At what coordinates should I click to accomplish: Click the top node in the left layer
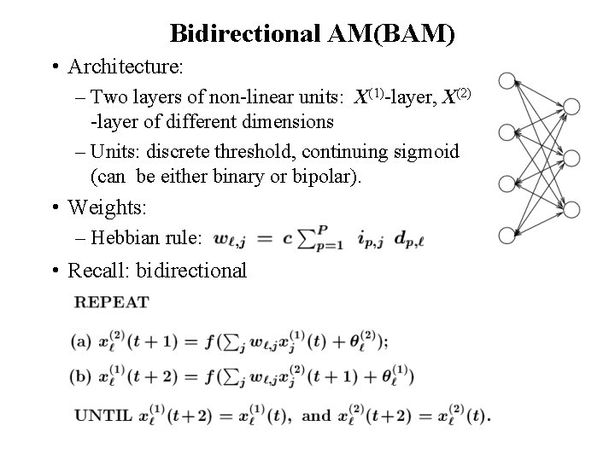click(506, 81)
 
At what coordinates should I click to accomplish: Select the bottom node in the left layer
click(506, 233)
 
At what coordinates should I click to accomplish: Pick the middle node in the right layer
click(571, 159)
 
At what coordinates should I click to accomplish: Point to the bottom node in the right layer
click(571, 207)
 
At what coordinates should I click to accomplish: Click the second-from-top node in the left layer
click(506, 131)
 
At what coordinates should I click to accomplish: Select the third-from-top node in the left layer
click(506, 183)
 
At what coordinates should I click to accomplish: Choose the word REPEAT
click(111, 302)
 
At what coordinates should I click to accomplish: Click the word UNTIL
click(102, 417)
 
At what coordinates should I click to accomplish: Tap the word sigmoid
click(429, 153)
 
